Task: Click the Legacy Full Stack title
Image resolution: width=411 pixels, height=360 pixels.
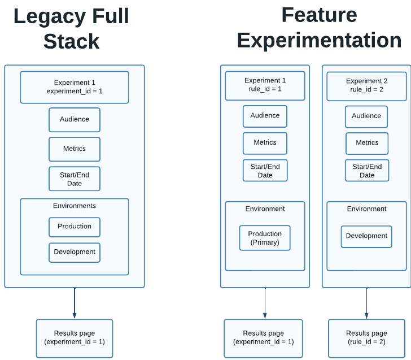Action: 71,28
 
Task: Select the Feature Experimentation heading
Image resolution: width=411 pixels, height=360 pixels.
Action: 320,28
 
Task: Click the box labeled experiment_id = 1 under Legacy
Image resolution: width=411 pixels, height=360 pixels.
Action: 75,87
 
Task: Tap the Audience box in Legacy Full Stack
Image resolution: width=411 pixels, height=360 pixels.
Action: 75,120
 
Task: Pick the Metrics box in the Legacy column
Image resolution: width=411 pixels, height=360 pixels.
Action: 75,149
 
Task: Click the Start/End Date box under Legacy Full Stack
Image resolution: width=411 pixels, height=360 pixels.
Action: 75,179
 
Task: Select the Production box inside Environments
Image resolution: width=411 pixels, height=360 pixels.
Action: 75,227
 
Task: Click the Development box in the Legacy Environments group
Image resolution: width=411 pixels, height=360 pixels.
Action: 75,253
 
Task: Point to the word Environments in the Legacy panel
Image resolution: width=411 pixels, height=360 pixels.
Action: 75,206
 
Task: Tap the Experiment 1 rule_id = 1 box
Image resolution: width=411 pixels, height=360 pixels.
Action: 265,85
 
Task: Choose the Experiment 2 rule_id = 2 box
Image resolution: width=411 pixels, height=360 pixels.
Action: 367,86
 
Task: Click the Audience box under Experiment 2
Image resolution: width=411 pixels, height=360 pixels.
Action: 366,116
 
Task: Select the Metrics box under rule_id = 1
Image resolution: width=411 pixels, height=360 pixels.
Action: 265,144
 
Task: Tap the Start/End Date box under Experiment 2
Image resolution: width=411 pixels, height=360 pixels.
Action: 367,170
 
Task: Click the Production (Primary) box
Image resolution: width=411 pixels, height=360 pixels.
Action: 265,238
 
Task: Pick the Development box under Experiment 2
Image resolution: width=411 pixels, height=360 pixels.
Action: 366,236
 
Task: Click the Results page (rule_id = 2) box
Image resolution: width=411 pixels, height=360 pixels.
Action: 367,338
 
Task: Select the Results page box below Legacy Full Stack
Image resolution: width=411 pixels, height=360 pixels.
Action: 75,338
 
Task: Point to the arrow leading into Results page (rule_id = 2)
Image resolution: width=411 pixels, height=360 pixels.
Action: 367,303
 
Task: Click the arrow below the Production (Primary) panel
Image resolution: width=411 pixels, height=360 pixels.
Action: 265,303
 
